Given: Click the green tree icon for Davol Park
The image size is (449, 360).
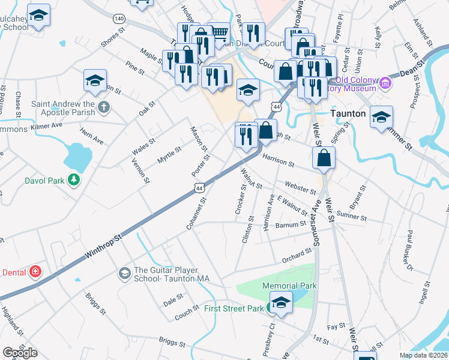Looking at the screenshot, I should point(73,180).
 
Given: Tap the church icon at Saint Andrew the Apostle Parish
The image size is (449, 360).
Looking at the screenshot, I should point(104,108).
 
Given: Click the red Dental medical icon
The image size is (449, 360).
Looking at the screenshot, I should point(36,272).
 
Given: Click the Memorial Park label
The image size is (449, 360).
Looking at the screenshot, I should point(292,286).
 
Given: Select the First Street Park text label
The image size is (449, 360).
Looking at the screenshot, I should point(234,308).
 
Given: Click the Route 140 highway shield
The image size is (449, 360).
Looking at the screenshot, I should point(119,20).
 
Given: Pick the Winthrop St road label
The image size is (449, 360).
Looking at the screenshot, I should point(103,246).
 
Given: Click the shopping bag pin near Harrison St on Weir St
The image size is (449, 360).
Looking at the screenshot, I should point(324,158).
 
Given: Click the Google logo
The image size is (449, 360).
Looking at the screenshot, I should point(20,352).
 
